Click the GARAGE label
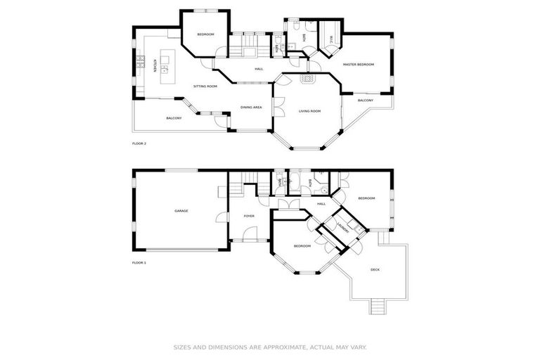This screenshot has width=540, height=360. [x=181, y=211]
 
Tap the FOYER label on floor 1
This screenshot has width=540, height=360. [x=249, y=216]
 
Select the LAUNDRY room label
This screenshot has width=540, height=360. [x=342, y=228]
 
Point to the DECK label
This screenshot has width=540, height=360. [x=376, y=269]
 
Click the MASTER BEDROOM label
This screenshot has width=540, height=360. [x=358, y=65]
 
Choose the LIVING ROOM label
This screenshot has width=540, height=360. [x=309, y=111]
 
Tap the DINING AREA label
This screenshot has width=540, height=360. [x=251, y=108]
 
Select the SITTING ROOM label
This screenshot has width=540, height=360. [x=206, y=86]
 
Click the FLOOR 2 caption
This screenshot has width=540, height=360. [x=139, y=143]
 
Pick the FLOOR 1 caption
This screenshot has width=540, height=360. [x=139, y=262]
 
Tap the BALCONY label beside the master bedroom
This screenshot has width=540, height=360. [x=366, y=101]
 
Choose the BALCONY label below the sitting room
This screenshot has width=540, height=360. [x=174, y=118]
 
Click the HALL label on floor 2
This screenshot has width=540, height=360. [x=259, y=69]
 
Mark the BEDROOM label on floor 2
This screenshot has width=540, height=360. [x=205, y=34]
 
